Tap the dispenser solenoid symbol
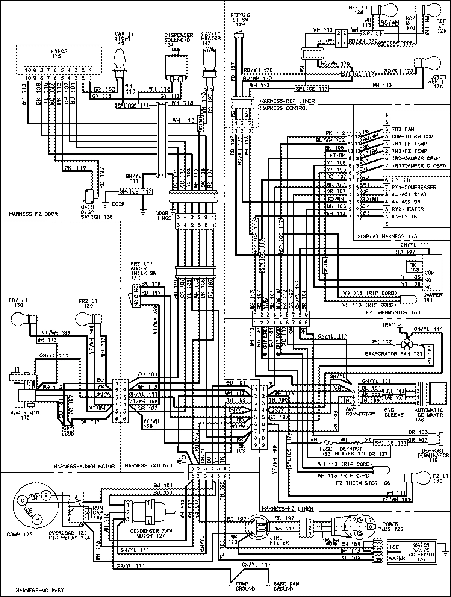[176, 66]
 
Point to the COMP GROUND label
[244, 586]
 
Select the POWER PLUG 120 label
[391, 526]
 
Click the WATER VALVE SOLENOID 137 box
[413, 551]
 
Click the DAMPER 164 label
[432, 297]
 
